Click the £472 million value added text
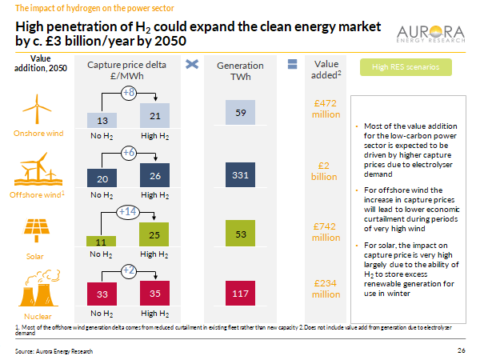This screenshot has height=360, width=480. [326, 110]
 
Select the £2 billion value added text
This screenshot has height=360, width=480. [326, 170]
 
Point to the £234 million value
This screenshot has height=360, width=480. [326, 290]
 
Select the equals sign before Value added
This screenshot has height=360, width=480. [292, 64]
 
